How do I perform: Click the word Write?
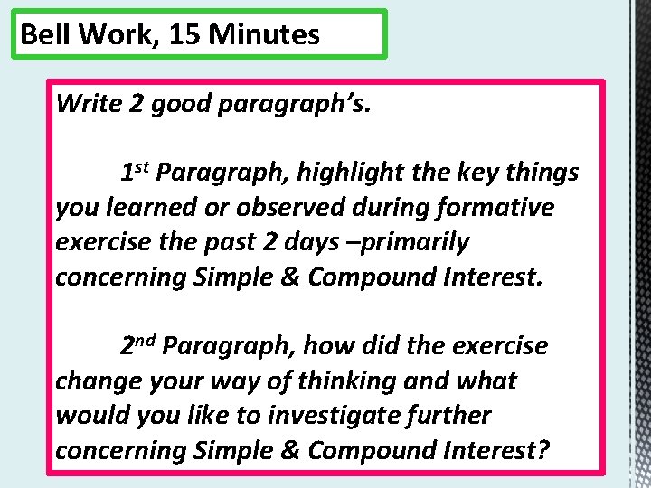89,103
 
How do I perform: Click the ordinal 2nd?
140,346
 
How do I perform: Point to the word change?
97,381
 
